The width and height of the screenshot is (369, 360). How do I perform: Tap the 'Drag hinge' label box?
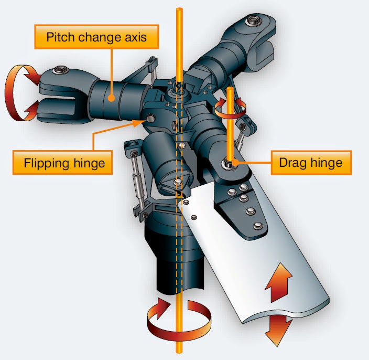311,162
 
